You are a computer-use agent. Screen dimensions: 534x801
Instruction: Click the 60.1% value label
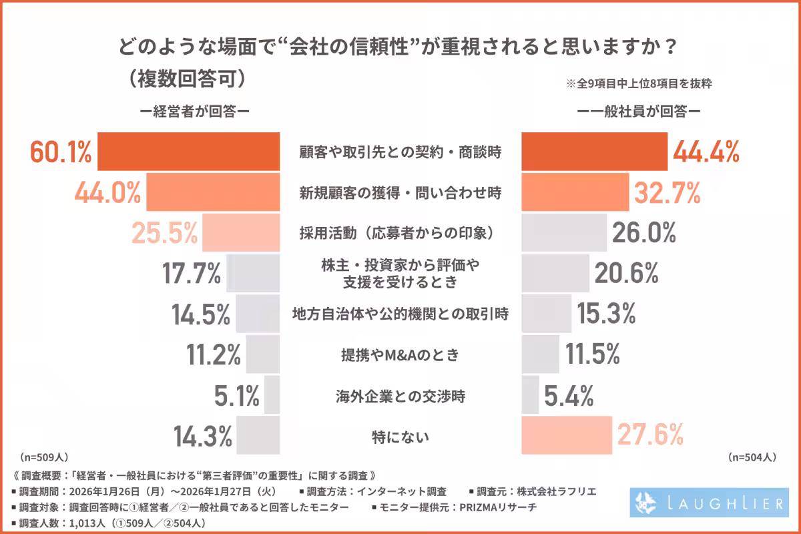click(61, 152)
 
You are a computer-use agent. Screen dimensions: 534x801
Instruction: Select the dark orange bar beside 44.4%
click(593, 152)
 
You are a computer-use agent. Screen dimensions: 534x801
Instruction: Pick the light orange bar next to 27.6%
click(565, 435)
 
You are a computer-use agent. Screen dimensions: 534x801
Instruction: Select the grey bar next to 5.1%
click(272, 395)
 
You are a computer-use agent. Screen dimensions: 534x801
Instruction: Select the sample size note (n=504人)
click(751, 457)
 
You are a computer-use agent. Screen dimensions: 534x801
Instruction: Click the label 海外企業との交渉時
click(400, 396)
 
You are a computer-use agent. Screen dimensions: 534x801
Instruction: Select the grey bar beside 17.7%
click(253, 273)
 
